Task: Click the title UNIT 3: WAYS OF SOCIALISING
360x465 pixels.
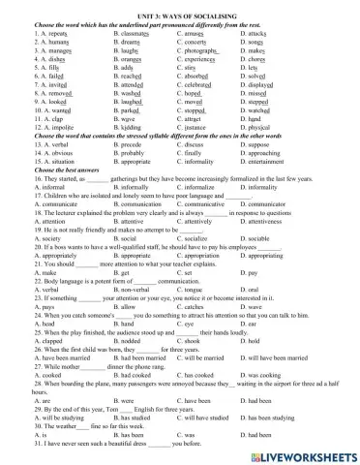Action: tap(179, 6)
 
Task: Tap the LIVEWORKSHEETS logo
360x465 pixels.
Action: tap(305, 452)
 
